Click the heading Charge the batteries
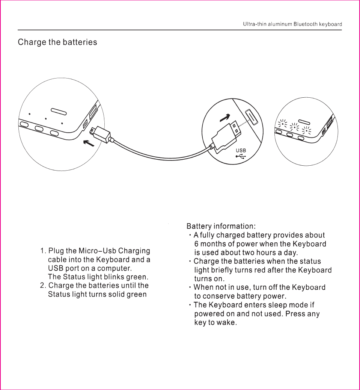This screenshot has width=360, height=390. [x=57, y=42]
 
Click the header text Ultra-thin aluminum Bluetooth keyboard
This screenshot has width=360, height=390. [x=292, y=24]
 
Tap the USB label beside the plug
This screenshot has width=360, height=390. [x=241, y=150]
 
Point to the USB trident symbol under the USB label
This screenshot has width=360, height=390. [x=241, y=156]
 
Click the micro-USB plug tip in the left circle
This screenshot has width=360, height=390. [x=93, y=130]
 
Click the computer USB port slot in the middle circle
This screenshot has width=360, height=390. [x=251, y=118]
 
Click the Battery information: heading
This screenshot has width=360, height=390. [x=221, y=226]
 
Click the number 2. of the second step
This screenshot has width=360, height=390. [x=43, y=286]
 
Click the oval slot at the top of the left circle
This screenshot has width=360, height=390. [x=59, y=111]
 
